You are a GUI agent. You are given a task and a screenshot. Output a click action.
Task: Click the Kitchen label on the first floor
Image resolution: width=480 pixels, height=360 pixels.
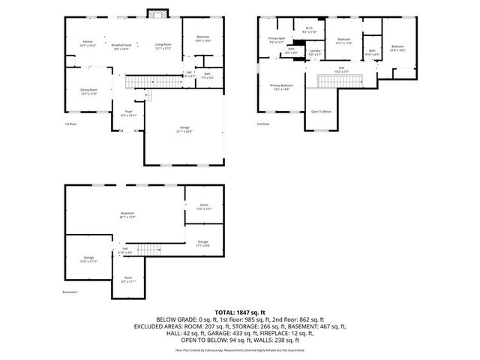pos(88,43)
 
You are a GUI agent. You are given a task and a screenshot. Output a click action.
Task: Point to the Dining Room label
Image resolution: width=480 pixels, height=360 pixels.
pos(89,91)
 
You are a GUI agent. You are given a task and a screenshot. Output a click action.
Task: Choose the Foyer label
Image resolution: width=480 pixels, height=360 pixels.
pos(128,113)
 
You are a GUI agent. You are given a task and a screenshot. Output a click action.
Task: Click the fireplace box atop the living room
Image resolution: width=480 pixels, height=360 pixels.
pos(157,14)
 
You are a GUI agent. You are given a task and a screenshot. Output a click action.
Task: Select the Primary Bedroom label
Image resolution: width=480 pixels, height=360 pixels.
pos(282,88)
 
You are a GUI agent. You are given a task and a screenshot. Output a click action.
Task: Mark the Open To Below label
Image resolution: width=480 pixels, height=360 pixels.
pos(322,111)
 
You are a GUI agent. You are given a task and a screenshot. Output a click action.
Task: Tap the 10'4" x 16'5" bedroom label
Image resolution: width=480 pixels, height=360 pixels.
pos(397,49)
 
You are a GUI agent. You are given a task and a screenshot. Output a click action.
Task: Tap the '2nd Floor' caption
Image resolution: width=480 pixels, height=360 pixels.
pos(262,124)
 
